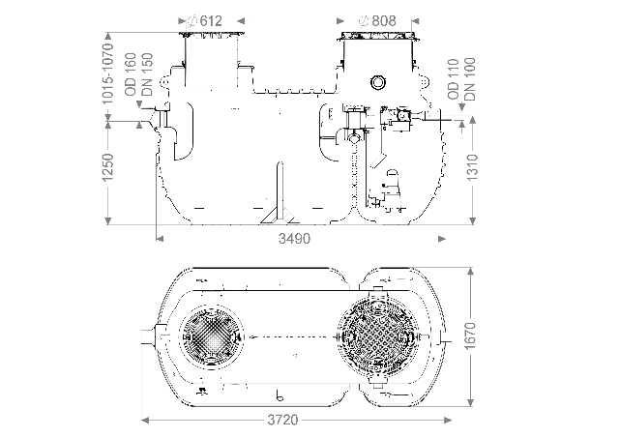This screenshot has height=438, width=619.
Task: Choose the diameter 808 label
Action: [x=377, y=20]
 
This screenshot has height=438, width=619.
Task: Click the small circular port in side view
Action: [x=380, y=85]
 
